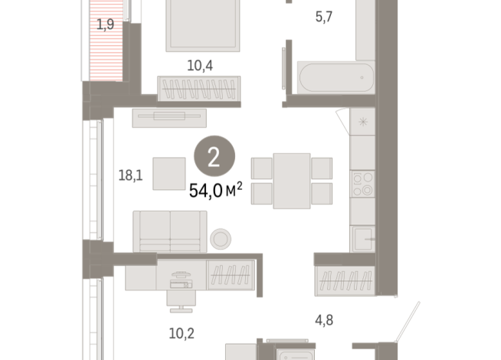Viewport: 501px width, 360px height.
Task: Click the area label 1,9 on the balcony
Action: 105,25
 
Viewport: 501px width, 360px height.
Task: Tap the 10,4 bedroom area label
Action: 199,65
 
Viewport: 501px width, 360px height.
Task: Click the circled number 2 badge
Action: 214,157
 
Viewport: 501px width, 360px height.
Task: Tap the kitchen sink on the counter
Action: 362,238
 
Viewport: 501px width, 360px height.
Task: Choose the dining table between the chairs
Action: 292,178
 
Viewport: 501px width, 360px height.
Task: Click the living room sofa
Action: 169,231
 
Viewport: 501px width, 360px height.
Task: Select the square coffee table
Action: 169,173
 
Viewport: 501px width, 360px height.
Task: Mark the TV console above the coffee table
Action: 169,116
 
